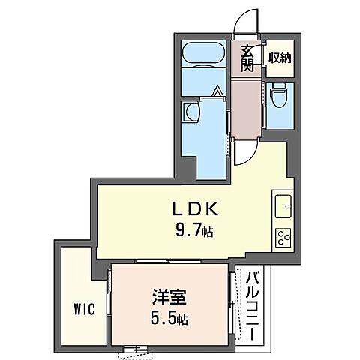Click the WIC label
coord(83,309)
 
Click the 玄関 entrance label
coord(246,58)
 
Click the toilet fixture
coord(279,98)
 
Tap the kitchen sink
coord(283,203)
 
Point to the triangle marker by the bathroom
coord(217,92)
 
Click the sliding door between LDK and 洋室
coord(168,261)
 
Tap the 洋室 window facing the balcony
coord(230,300)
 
